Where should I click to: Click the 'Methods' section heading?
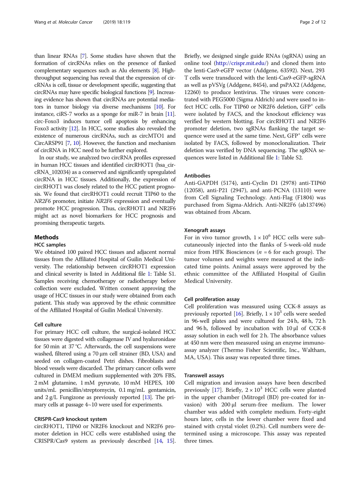(46, 237)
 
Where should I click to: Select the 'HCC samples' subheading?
(50, 245)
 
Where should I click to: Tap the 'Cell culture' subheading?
(48, 325)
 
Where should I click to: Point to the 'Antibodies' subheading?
(197, 176)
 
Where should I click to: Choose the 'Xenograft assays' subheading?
(205, 230)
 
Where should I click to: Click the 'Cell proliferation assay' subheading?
(212, 299)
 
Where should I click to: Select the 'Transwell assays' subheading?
(204, 375)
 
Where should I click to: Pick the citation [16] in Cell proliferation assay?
(238, 314)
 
